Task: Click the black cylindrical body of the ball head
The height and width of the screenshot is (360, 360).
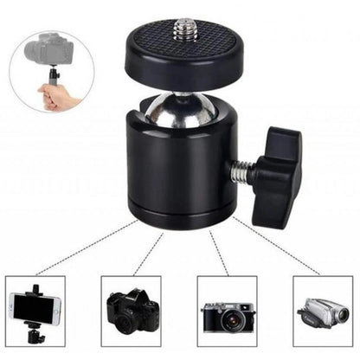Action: [178, 173]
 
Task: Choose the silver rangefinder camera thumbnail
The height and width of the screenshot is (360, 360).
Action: [227, 313]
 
